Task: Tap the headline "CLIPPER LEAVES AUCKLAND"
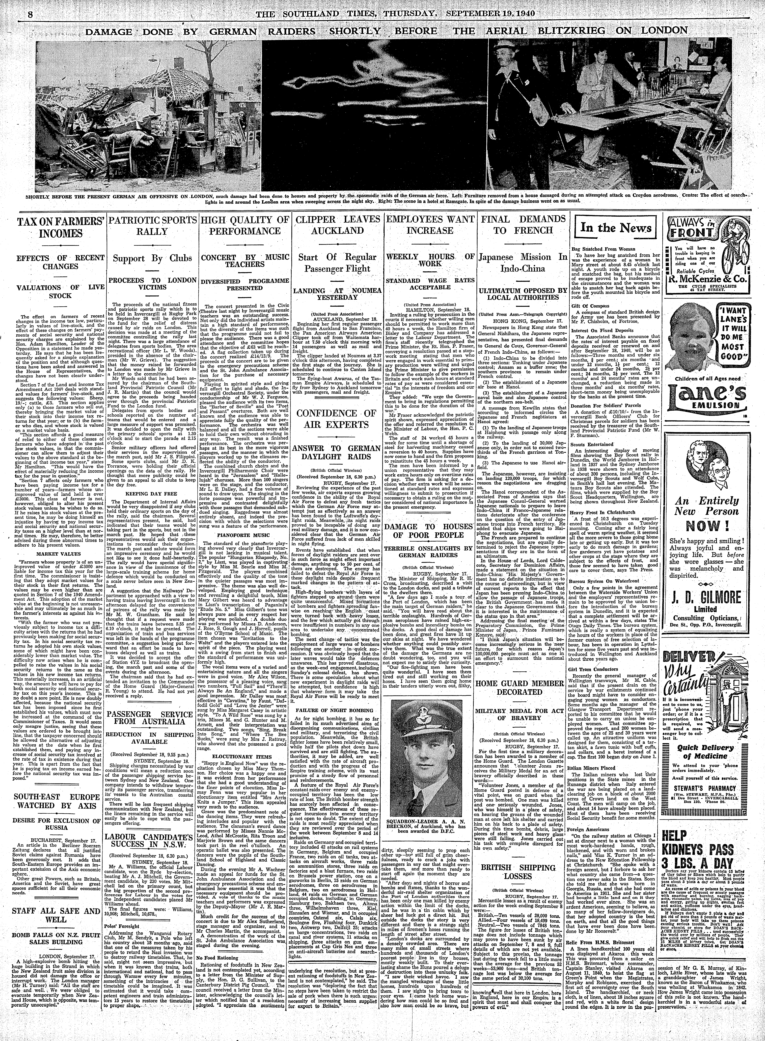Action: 337,225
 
